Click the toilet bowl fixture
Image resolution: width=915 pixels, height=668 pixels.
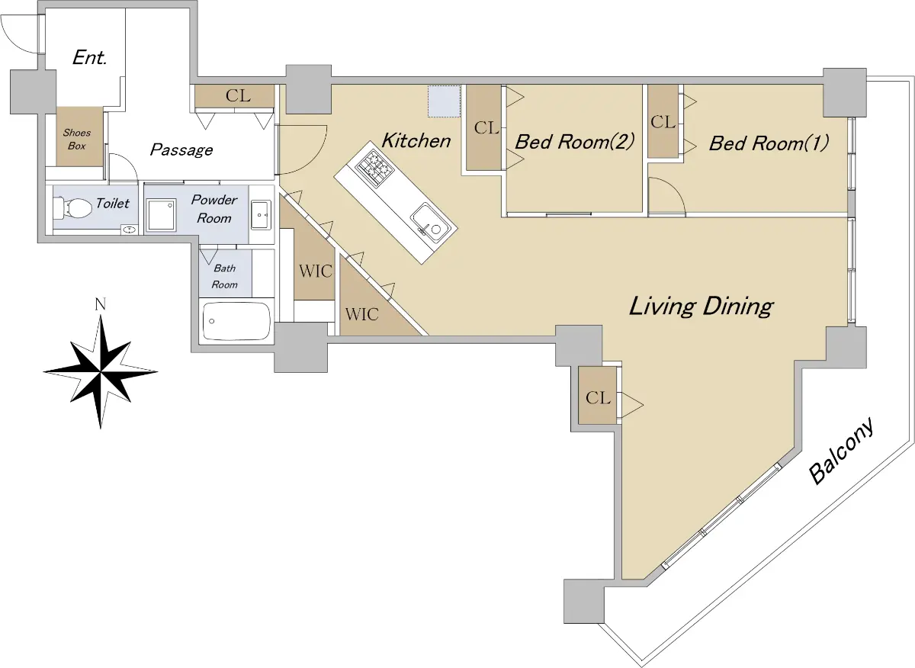[x=72, y=209]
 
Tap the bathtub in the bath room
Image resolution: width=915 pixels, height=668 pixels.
[x=236, y=321]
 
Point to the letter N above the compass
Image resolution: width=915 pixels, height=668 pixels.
[x=101, y=304]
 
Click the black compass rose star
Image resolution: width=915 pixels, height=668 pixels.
[x=101, y=372]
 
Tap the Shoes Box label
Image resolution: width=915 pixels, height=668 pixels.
[x=77, y=140]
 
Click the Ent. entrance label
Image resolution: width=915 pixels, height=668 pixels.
[x=90, y=58]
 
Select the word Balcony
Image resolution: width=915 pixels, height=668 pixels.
[x=843, y=450]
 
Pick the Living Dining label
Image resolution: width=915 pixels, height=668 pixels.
[x=701, y=307]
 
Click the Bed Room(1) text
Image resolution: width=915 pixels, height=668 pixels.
[x=769, y=143]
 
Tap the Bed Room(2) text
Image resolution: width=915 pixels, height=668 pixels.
[x=575, y=142]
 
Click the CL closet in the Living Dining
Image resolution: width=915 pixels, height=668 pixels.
[x=598, y=396]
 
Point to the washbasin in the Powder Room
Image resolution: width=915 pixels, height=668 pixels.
[x=261, y=214]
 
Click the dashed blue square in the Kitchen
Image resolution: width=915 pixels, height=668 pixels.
[x=445, y=101]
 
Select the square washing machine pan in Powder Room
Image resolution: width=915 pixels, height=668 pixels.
[x=162, y=215]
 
